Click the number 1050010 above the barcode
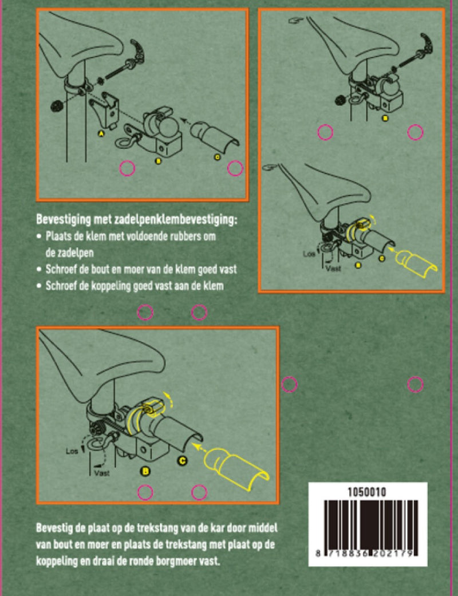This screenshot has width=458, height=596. (367, 491)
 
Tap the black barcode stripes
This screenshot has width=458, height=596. (367, 524)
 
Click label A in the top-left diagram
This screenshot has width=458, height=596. (101, 132)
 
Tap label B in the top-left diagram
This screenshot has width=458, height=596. (159, 161)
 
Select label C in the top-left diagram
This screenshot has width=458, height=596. (216, 156)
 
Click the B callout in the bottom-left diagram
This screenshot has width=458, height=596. (145, 472)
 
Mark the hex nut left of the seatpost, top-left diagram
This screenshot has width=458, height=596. (57, 105)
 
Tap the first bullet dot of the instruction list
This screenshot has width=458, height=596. (40, 236)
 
